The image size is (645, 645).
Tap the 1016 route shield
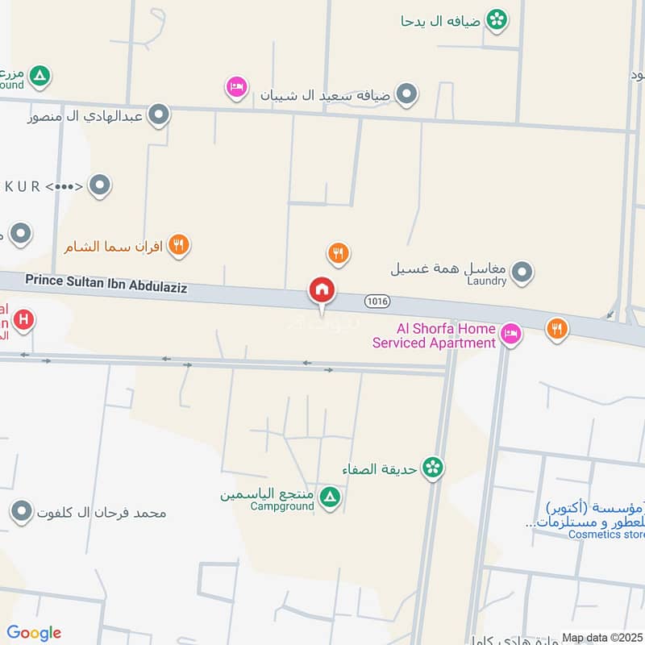(x=377, y=301)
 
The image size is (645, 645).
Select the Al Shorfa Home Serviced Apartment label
(x=434, y=335)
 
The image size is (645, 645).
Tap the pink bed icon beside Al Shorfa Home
(x=510, y=333)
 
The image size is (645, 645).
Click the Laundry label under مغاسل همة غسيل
(x=487, y=281)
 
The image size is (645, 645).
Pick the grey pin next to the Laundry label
(x=522, y=272)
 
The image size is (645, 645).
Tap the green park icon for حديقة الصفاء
(x=434, y=467)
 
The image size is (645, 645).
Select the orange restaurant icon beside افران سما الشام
(x=179, y=245)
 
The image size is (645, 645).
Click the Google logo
(x=34, y=633)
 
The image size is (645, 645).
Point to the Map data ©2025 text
(x=601, y=637)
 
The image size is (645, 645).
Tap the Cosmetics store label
(x=606, y=534)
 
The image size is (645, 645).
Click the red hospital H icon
(x=24, y=320)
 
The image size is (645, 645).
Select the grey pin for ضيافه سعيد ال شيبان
(x=407, y=94)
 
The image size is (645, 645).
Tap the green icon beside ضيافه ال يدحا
(x=497, y=19)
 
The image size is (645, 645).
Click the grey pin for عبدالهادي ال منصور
(x=160, y=115)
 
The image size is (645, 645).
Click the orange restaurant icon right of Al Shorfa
(x=556, y=328)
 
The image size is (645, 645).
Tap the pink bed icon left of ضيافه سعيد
(x=236, y=86)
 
